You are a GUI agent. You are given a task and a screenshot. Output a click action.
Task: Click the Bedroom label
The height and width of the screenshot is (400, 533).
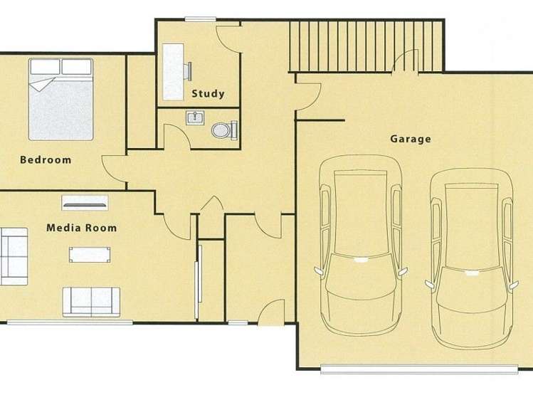click(46, 159)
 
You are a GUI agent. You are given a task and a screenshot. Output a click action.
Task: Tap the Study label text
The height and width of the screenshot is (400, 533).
click(208, 93)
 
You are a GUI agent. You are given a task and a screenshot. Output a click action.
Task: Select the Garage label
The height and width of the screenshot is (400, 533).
click(410, 139)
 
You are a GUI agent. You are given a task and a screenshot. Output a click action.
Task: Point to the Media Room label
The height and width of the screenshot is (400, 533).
click(81, 228)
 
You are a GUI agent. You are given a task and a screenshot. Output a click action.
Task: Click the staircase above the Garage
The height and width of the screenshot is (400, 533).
click(366, 45)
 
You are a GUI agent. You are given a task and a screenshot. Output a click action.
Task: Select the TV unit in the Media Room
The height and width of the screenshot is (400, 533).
click(85, 201)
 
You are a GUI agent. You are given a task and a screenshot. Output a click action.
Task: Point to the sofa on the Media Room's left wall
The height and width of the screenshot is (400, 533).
click(12, 256)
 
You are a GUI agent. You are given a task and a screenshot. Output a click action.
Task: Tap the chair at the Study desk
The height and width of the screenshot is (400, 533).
click(191, 70)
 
